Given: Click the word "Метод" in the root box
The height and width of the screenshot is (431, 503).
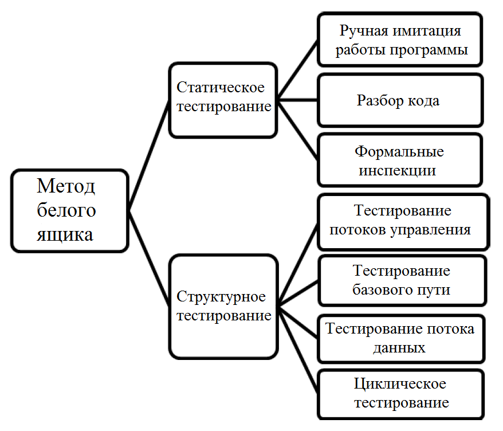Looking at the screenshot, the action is point(66,186).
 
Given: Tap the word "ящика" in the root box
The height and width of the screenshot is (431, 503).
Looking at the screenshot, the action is point(65,235).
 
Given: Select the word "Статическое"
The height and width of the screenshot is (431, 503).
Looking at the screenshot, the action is point(221,87).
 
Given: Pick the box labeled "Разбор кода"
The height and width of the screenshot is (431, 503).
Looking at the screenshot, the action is point(400,100).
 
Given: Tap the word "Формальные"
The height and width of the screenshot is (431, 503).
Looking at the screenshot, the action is point(399,152).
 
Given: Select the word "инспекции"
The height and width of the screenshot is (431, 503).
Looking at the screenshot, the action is point(397,171).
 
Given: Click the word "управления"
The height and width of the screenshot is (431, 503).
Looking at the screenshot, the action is point(430,230).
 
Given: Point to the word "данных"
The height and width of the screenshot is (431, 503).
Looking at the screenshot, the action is point(399,348).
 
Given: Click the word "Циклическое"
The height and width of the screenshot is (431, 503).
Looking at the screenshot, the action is point(400,384).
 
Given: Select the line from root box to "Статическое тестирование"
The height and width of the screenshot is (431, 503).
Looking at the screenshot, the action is point(149,156).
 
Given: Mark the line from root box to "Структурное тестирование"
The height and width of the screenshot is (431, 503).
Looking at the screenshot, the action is point(149,258).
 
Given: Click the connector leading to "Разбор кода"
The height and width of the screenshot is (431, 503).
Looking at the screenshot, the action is point(297,100).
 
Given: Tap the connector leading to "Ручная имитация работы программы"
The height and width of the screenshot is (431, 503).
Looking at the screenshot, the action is point(297,70).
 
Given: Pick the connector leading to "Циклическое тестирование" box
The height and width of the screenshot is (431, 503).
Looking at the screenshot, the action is point(298,349).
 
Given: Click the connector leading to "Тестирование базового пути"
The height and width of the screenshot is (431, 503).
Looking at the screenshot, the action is point(298,293).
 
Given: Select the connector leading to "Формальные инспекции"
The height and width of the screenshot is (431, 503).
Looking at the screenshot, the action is point(297,130).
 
